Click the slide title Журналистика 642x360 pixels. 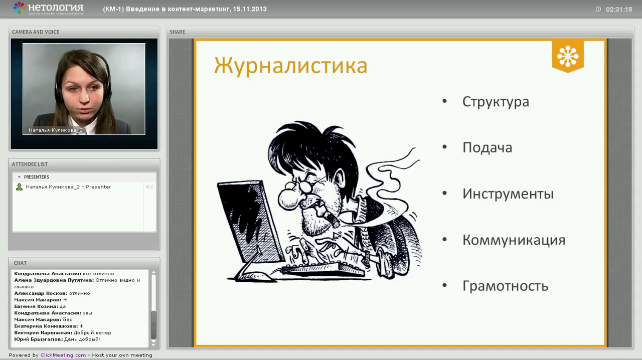coord(290,66)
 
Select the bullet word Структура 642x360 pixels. coord(496,102)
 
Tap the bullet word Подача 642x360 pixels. coord(487,148)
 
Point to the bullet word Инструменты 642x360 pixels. coord(508,194)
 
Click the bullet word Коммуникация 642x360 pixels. coord(514,240)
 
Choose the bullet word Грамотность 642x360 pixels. coord(505,286)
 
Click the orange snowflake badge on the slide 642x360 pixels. coord(568,56)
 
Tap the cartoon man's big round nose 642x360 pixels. coord(289,199)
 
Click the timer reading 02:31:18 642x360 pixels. coord(619,10)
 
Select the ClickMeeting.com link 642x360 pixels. coord(63,355)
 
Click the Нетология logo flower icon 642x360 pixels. coord(19,8)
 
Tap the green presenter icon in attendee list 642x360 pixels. coord(19,187)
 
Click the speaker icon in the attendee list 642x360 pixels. coord(149,187)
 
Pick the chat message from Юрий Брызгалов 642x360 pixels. coord(57,339)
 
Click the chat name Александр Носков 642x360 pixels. coord(41,293)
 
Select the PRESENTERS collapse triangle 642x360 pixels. coord(19,177)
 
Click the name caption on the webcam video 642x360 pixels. coord(55,130)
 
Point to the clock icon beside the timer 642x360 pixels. coord(598,9)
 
